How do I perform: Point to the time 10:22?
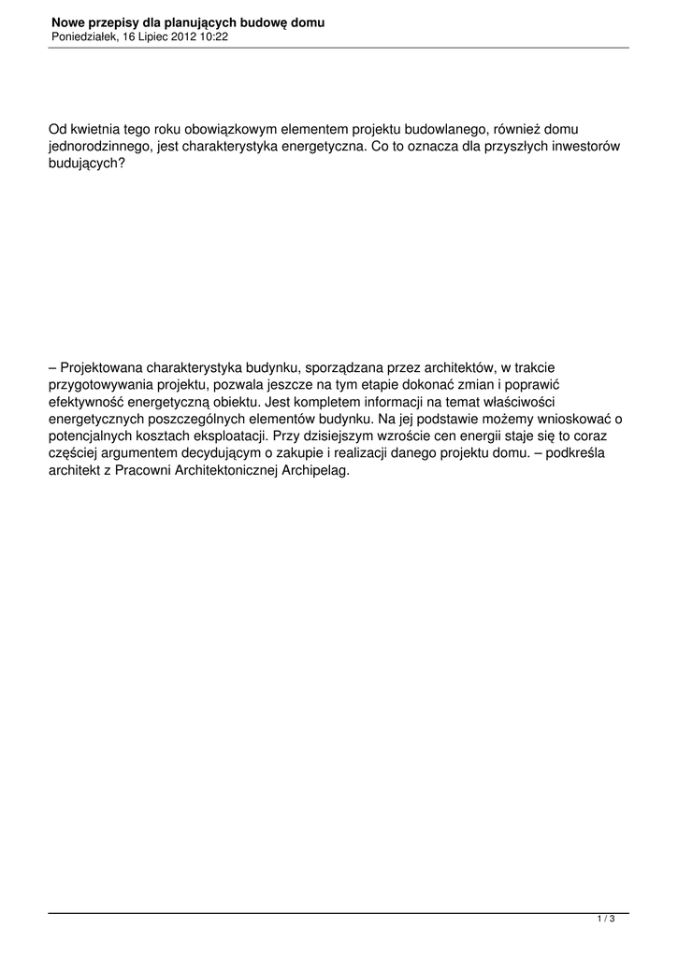[x=216, y=36]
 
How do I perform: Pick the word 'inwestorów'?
[x=586, y=147]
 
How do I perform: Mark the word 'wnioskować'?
[x=570, y=418]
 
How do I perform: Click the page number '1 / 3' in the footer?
[x=606, y=920]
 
